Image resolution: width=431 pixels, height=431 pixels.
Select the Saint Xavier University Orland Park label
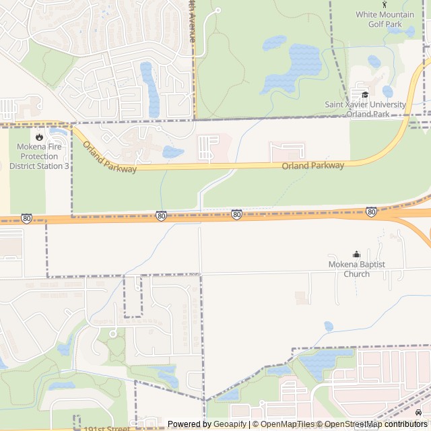click(366, 109)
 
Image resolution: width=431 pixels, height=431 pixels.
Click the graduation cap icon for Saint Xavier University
click(365, 95)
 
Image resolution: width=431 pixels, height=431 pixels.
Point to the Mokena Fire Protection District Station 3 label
click(39, 156)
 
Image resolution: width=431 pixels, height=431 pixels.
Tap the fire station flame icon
click(40, 137)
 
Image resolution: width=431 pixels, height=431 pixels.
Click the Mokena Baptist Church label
click(357, 269)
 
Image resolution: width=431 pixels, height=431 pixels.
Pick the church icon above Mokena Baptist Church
click(357, 254)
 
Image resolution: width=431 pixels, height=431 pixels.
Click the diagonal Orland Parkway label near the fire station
click(109, 157)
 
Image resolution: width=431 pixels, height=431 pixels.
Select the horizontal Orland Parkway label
click(312, 166)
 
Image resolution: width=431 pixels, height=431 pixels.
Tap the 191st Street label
click(107, 428)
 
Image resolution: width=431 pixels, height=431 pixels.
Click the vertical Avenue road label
click(192, 24)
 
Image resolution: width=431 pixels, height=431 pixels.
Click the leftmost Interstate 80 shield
click(26, 218)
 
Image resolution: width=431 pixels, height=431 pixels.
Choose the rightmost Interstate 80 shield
click(371, 212)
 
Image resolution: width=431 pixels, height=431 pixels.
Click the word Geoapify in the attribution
click(230, 424)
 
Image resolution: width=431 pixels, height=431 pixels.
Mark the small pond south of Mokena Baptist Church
click(328, 327)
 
